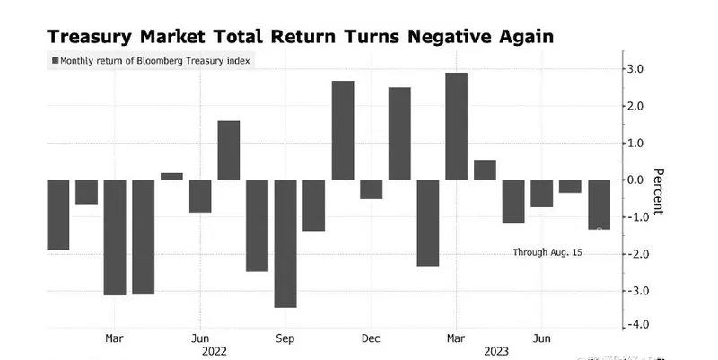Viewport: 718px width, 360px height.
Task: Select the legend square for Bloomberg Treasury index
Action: pyautogui.click(x=56, y=61)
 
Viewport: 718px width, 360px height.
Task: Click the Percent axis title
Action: pyautogui.click(x=659, y=191)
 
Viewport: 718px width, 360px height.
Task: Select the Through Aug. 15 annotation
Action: pyautogui.click(x=547, y=253)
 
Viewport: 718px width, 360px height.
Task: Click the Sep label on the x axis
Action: pyautogui.click(x=285, y=338)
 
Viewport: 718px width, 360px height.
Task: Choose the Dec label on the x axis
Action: pyautogui.click(x=371, y=338)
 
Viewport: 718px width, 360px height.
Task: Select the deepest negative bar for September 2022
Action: pyautogui.click(x=285, y=243)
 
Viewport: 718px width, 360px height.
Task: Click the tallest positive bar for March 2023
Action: pyautogui.click(x=456, y=126)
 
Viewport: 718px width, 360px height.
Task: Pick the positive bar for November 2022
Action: pyautogui.click(x=343, y=130)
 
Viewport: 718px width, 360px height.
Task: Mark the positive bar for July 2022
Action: pyautogui.click(x=229, y=150)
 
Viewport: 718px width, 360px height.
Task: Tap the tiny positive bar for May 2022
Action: pyautogui.click(x=171, y=176)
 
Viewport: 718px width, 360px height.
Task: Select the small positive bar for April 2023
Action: pyautogui.click(x=485, y=170)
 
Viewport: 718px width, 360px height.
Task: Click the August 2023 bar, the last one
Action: pyautogui.click(x=599, y=204)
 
